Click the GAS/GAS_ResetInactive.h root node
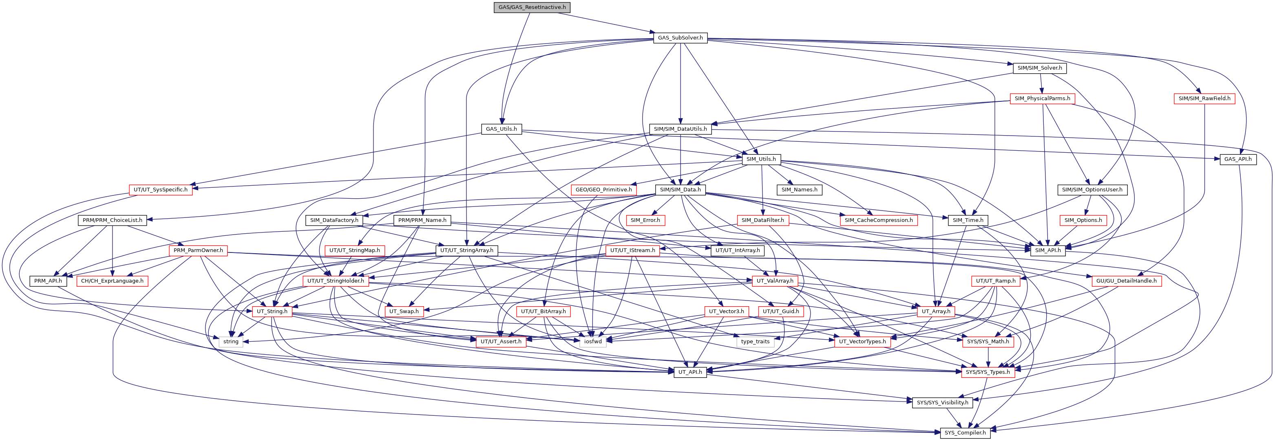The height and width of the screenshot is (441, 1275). click(x=532, y=7)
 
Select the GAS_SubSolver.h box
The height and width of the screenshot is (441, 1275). click(x=680, y=37)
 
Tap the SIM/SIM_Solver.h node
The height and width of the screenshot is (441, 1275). click(x=1039, y=68)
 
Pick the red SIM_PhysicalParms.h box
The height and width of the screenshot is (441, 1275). click(x=1042, y=99)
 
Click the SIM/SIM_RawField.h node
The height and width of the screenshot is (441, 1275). click(x=1204, y=99)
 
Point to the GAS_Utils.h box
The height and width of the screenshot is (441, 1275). click(x=502, y=129)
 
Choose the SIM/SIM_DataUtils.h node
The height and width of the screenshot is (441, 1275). click(x=681, y=129)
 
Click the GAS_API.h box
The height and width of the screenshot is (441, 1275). click(x=1238, y=159)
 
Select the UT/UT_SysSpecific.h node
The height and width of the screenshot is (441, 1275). click(x=161, y=189)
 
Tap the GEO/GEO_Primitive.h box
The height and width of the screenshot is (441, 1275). click(x=604, y=189)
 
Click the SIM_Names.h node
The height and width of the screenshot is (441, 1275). click(x=799, y=189)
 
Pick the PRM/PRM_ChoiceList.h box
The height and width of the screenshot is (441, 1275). click(x=113, y=220)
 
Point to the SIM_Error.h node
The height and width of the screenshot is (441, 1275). click(x=645, y=220)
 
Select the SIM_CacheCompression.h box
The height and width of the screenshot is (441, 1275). click(x=879, y=220)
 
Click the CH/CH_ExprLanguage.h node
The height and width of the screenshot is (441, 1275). click(x=113, y=281)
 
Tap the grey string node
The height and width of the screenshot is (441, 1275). click(x=231, y=342)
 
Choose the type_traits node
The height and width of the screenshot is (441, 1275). click(x=755, y=342)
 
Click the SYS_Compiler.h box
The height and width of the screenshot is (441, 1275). click(x=965, y=432)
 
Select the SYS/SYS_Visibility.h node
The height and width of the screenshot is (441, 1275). click(x=942, y=402)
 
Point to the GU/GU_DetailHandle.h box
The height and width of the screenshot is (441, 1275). click(x=1127, y=281)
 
